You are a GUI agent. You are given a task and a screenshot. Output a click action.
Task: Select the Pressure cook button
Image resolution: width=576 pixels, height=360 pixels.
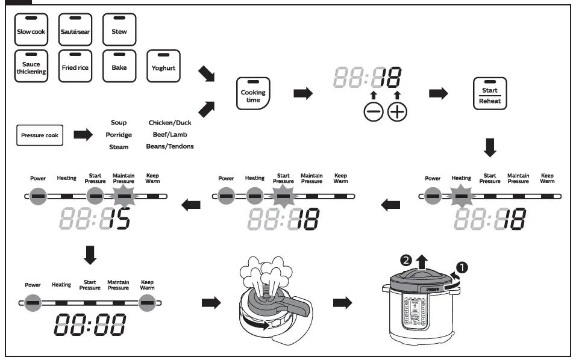coord(40,135)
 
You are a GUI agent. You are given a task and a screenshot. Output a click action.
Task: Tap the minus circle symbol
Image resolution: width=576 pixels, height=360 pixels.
coord(373,112)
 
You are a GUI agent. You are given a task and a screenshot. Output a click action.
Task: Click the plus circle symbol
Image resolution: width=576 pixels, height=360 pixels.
coord(397,112)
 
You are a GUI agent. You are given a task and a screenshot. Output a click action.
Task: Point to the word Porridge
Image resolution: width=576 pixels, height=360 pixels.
coord(119,135)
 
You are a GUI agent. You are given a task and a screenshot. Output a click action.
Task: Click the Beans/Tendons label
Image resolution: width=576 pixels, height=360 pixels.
coord(170,146)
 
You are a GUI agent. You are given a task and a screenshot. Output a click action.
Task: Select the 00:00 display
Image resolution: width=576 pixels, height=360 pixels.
coord(90,324)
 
